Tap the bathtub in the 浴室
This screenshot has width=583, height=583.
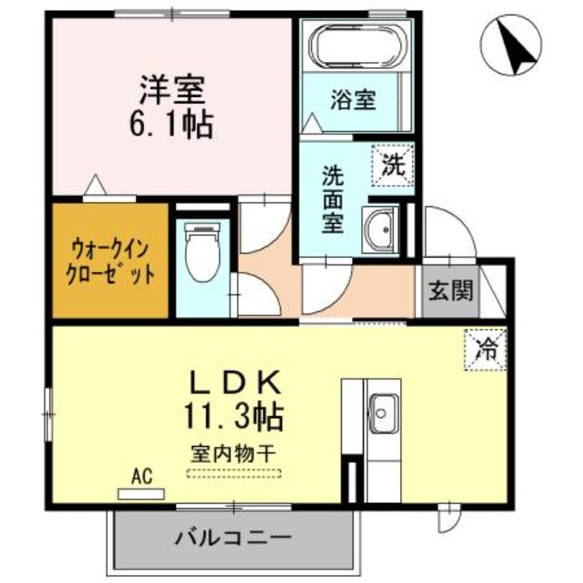[x=357, y=46]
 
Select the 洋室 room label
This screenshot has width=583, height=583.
[x=172, y=90]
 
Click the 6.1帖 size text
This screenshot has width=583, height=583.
[x=171, y=124]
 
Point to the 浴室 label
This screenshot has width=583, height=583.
[x=353, y=100]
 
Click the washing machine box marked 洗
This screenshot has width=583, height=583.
[x=394, y=165]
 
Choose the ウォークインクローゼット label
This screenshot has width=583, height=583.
[x=110, y=262]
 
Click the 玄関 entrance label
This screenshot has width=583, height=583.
[x=450, y=290]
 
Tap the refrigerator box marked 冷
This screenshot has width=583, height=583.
[x=485, y=350]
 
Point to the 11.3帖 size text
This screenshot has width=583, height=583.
[x=234, y=417]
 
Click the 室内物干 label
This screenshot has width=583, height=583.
[x=233, y=453]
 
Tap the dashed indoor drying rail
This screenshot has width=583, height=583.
[x=234, y=474]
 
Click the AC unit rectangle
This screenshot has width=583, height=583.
[x=141, y=494]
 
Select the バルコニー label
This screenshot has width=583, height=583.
[x=233, y=537]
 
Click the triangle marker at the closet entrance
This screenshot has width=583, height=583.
[x=95, y=184]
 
